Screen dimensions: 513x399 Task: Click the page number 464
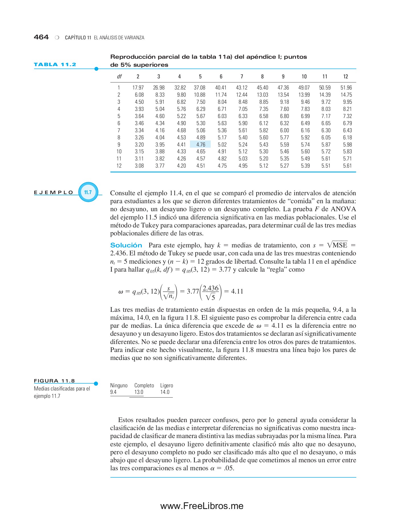(41, 37)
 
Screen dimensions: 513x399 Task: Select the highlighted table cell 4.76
(200, 144)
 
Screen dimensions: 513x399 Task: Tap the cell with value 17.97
(138, 87)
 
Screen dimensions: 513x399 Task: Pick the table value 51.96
(346, 87)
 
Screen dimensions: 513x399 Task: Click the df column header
(119, 76)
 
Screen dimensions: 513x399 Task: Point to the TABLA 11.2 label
(55, 64)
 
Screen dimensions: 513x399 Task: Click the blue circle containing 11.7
(88, 192)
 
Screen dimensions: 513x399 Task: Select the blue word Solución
(126, 245)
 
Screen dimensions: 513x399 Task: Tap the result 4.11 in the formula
(237, 291)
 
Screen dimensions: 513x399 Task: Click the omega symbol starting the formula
(121, 292)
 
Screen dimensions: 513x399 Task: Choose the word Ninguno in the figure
(119, 385)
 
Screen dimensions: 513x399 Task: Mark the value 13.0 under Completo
(139, 392)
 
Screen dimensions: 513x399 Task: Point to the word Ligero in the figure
(167, 385)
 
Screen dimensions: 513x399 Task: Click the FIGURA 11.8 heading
(54, 381)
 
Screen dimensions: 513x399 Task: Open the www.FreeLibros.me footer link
(202, 506)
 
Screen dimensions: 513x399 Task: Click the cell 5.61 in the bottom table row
(347, 166)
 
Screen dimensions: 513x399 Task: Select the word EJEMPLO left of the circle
(54, 192)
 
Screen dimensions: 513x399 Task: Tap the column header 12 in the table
(345, 76)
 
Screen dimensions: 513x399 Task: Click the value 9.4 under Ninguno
(113, 392)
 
